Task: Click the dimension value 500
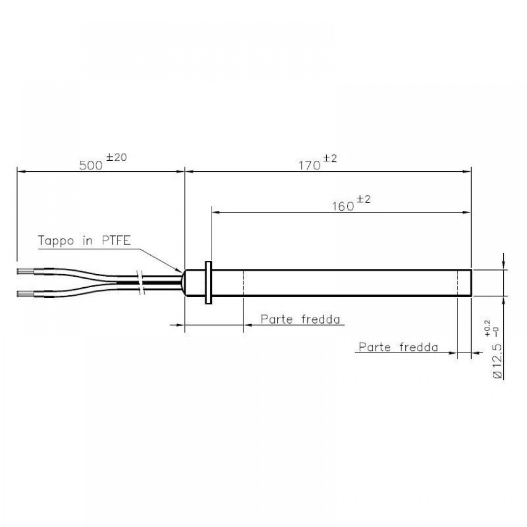click(90, 165)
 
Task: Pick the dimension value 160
click(343, 207)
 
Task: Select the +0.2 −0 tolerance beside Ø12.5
click(491, 328)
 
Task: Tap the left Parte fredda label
click(300, 319)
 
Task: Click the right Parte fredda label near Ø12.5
click(398, 347)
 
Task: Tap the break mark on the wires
click(141, 282)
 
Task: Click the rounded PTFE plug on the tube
click(185, 283)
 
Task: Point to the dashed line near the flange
click(243, 283)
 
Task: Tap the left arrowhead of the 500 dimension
click(21, 171)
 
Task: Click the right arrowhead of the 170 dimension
click(467, 171)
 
